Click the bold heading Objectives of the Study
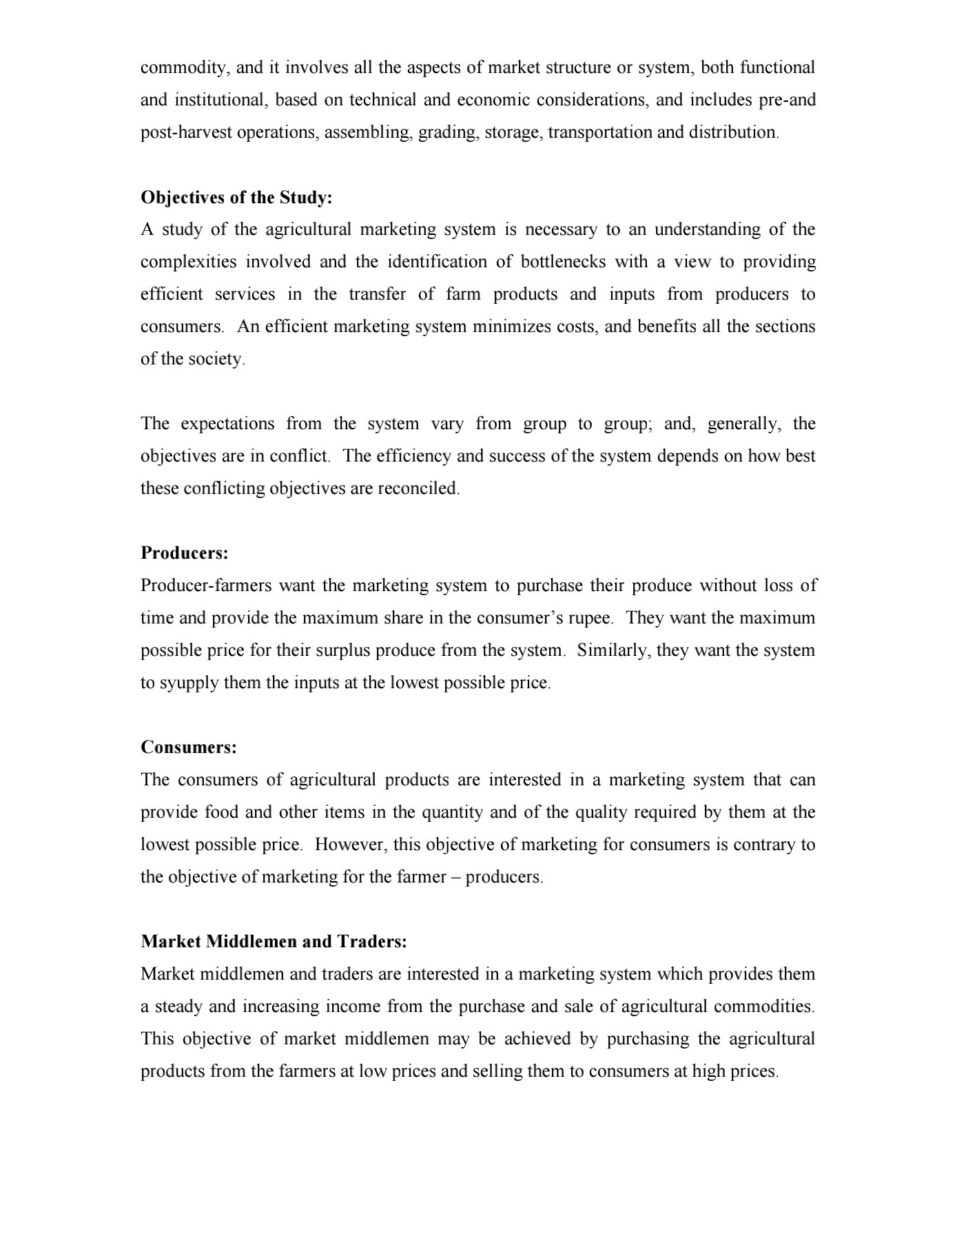click(236, 198)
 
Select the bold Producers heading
click(184, 553)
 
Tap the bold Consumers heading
click(188, 747)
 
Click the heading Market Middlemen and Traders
click(274, 942)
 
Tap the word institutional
click(220, 100)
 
